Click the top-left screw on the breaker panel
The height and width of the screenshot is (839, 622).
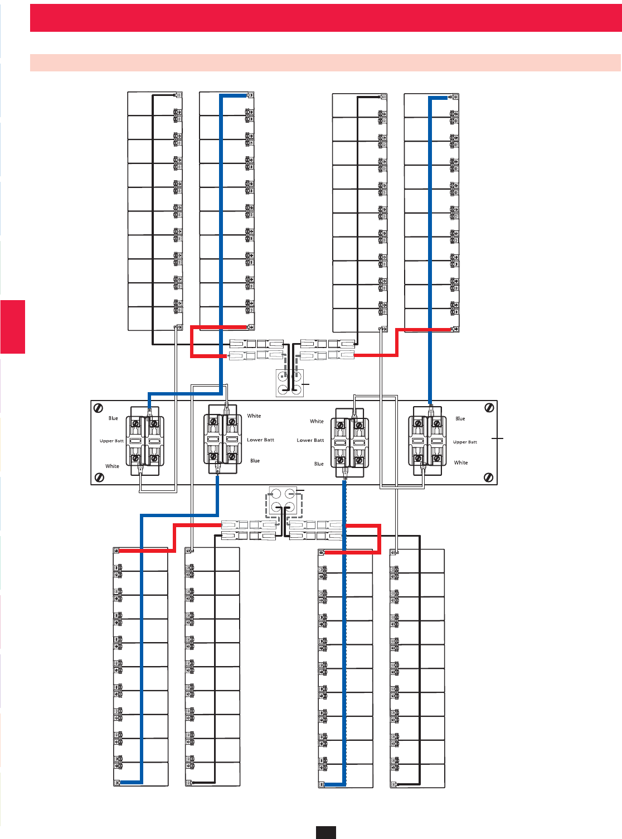pos(99,408)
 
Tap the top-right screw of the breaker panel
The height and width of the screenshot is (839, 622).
pos(489,408)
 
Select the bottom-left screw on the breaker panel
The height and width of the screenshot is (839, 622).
pos(99,477)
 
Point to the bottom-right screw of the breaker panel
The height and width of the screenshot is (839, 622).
pos(489,477)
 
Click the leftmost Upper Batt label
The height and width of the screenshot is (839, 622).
pos(111,441)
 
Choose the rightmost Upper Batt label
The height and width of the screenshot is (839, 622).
pos(465,442)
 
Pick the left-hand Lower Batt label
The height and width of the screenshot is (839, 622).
pos(260,440)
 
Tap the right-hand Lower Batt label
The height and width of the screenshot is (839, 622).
pos(310,440)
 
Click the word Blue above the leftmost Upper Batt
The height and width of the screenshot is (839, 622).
pos(113,418)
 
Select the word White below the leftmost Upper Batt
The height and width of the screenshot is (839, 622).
pos(112,466)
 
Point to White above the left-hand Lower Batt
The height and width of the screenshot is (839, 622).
pos(254,416)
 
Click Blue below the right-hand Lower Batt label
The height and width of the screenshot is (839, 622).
pos(319,464)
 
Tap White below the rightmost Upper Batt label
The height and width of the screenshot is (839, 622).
pos(461,462)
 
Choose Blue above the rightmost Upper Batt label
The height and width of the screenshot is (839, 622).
pos(460,418)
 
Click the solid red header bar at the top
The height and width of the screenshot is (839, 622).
pos(325,18)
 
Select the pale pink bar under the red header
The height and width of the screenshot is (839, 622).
pos(325,62)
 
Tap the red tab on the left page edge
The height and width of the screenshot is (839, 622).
pos(12,327)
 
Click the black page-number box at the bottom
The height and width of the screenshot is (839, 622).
pos(325,832)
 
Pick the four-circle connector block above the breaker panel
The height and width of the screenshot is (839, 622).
pos(290,383)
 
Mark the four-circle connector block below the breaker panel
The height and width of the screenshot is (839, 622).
pos(283,500)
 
